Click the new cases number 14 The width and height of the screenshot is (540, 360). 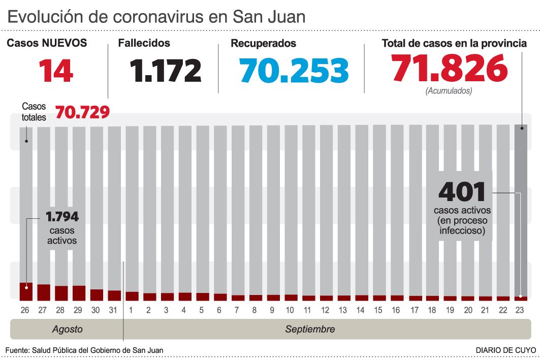[x=56, y=71]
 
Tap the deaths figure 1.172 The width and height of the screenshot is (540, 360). [x=165, y=71]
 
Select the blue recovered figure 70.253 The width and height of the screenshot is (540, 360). [x=295, y=71]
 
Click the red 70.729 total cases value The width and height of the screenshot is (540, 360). [x=82, y=112]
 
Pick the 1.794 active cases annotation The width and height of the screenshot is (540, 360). [x=62, y=217]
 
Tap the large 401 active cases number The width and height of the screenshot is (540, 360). [x=462, y=192]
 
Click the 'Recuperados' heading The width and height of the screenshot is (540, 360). [x=263, y=44]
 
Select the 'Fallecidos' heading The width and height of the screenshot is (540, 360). [x=144, y=44]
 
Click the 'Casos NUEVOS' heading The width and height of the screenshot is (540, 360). [x=47, y=44]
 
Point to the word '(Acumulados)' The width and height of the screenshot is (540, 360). [x=449, y=91]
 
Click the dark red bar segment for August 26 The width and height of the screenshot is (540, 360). [x=26, y=291]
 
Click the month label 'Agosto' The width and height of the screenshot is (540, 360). [x=67, y=330]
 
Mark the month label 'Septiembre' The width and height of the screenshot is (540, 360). [x=310, y=330]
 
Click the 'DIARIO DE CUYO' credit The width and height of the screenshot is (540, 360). [x=505, y=350]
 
